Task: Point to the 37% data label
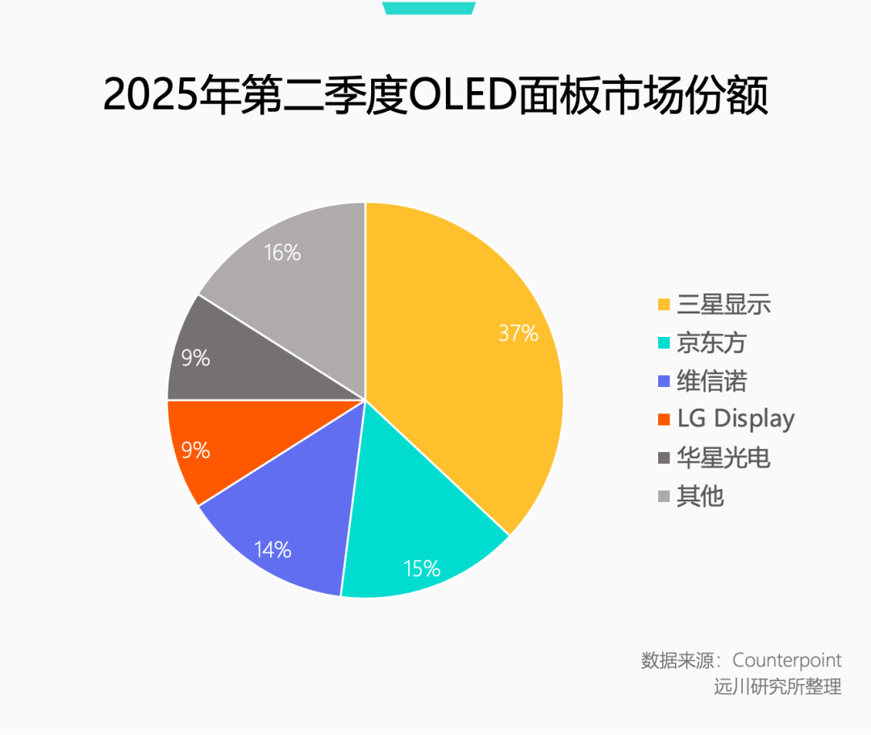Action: pyautogui.click(x=518, y=333)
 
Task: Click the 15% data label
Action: pyautogui.click(x=422, y=568)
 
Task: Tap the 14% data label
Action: pyautogui.click(x=272, y=550)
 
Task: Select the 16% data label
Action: pyautogui.click(x=282, y=253)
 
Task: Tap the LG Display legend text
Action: pyautogui.click(x=736, y=419)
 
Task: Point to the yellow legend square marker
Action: pyautogui.click(x=664, y=305)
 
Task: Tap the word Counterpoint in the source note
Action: pyautogui.click(x=787, y=661)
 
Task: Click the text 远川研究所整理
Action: pyautogui.click(x=777, y=687)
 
